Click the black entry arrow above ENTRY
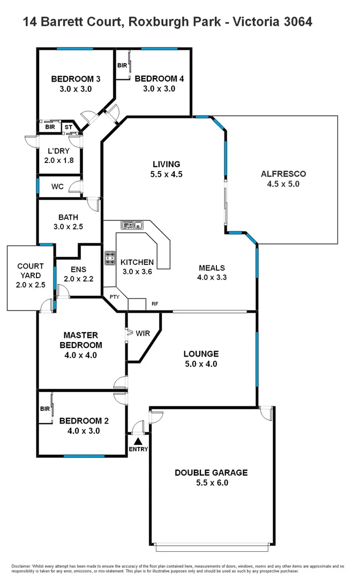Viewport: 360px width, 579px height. (138, 441)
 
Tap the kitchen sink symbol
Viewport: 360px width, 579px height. (131, 225)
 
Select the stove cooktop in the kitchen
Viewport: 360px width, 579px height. (110, 258)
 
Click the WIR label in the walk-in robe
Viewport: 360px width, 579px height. (142, 333)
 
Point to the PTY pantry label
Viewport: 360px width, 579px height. (114, 296)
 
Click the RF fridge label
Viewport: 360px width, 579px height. (155, 303)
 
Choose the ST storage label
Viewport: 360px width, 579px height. (68, 128)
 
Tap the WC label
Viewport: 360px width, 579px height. (58, 187)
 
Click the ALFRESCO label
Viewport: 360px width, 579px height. (283, 174)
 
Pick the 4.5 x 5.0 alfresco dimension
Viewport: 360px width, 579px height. (283, 183)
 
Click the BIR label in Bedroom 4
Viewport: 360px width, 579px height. (122, 65)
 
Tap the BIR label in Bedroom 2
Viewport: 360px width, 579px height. (44, 409)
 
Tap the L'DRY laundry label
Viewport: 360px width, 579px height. (58, 151)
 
